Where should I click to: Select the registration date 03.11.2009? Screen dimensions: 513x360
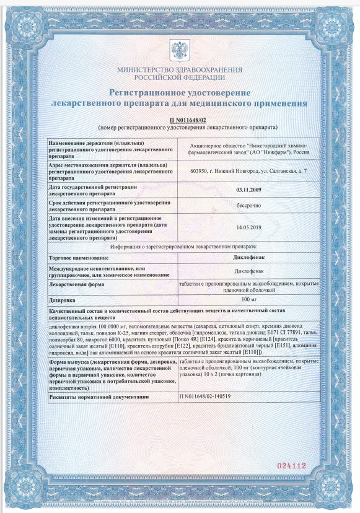pos(249,190)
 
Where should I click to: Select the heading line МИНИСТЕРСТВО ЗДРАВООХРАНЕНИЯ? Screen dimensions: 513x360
pos(180,71)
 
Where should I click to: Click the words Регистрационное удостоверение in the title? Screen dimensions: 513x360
pos(180,91)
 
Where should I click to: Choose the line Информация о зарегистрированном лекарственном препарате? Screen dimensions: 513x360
pos(180,246)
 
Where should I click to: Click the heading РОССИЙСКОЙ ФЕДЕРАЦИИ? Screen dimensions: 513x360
pos(180,77)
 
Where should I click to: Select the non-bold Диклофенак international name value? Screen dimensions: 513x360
pos(249,271)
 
